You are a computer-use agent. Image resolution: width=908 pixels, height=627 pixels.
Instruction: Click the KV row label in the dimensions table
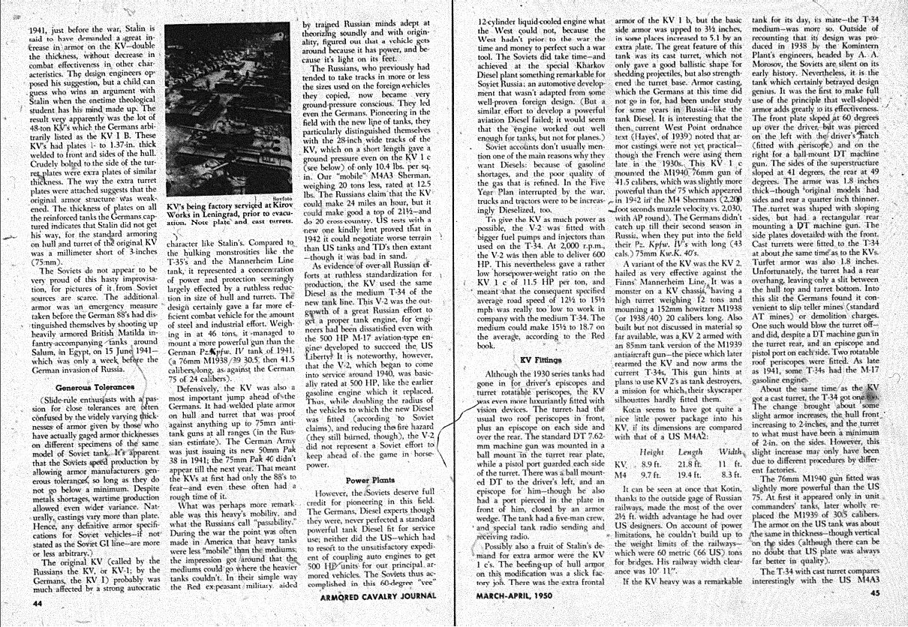click(621, 464)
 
